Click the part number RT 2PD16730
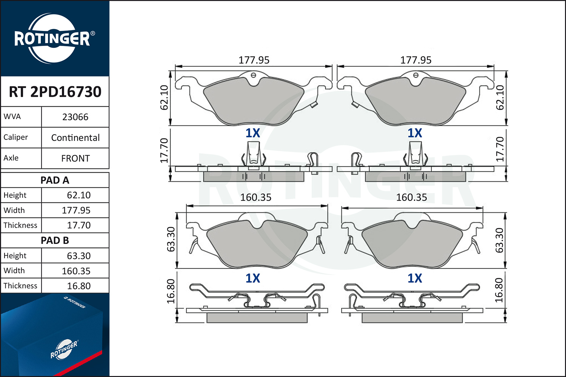pos(55,92)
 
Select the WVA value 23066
pos(75,117)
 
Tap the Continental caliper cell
pos(75,138)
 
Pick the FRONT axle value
pos(75,159)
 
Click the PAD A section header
pos(55,180)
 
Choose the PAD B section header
pos(55,241)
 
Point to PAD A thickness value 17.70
pos(78,225)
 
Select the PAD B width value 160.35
pos(76,271)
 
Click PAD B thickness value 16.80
pos(78,286)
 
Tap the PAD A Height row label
pos(15,195)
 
